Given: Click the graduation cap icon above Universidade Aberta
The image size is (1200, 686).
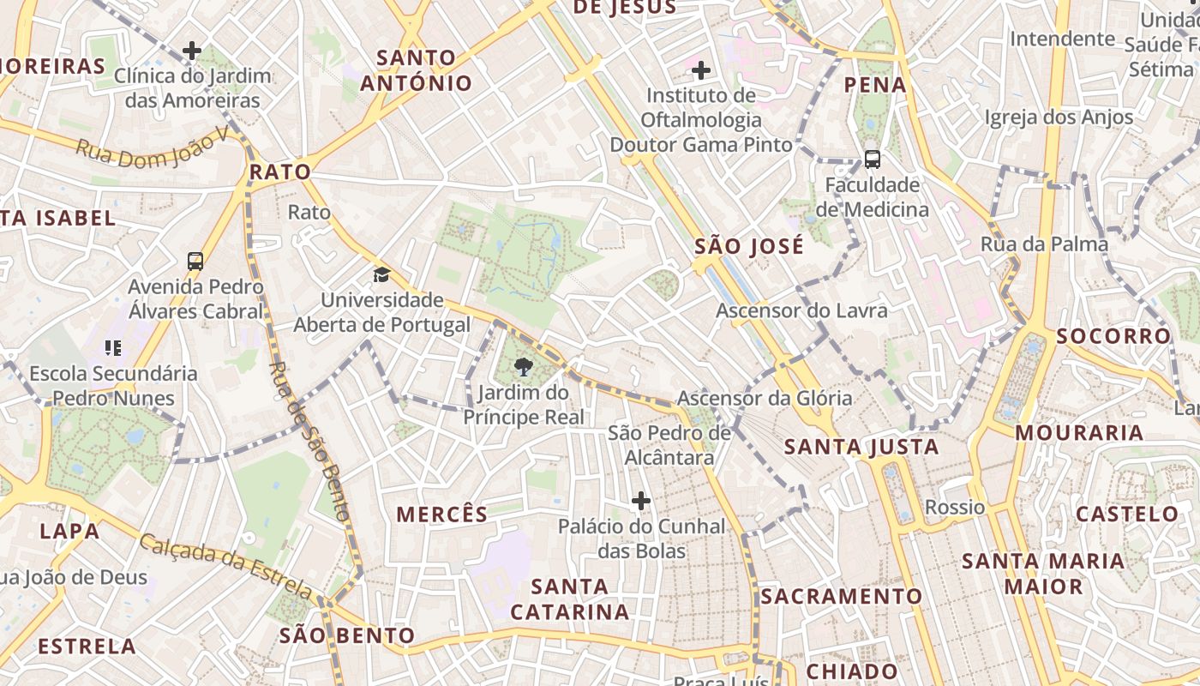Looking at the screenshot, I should [x=381, y=274].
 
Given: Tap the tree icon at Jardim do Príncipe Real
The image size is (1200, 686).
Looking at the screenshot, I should [x=522, y=368].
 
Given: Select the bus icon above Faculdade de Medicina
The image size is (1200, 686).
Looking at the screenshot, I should [x=872, y=159].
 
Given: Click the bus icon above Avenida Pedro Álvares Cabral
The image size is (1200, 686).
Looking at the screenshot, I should [x=195, y=261].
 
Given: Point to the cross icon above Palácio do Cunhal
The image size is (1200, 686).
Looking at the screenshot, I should [x=641, y=500].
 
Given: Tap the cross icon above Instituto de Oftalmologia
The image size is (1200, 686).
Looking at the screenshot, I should [x=701, y=69].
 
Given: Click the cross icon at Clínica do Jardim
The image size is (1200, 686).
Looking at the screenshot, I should [x=192, y=51].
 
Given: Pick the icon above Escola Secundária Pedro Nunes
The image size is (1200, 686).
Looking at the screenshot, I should [x=112, y=347].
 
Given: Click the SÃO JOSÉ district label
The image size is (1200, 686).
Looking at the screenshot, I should [x=749, y=247].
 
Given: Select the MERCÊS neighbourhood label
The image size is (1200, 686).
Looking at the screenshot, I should [x=441, y=514].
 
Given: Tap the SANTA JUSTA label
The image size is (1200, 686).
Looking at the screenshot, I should [x=861, y=447].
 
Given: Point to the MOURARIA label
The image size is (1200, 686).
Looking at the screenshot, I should [x=1079, y=432].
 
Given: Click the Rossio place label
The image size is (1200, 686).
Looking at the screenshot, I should [x=955, y=507].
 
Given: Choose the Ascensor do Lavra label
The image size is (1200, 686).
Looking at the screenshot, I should [x=801, y=310].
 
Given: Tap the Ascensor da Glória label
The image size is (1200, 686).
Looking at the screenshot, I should [x=765, y=398].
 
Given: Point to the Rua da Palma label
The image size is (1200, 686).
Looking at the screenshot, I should [x=1044, y=244].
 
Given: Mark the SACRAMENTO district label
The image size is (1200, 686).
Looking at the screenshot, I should [x=841, y=596].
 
